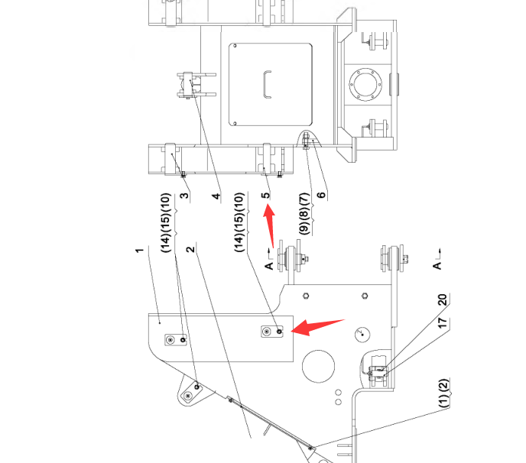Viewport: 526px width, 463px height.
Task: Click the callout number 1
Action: (x=140, y=250)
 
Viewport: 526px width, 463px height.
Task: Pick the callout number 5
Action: (x=265, y=196)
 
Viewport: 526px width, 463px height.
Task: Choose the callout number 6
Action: (x=321, y=194)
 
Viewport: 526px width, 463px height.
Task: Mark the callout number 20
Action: (x=441, y=300)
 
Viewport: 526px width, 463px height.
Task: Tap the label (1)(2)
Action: (x=441, y=393)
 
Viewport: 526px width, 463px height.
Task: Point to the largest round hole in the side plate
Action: (x=319, y=366)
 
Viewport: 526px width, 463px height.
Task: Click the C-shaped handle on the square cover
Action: (x=266, y=83)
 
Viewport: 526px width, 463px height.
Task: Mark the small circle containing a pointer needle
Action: (x=361, y=333)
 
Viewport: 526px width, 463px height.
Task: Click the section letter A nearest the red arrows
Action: (x=269, y=264)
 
